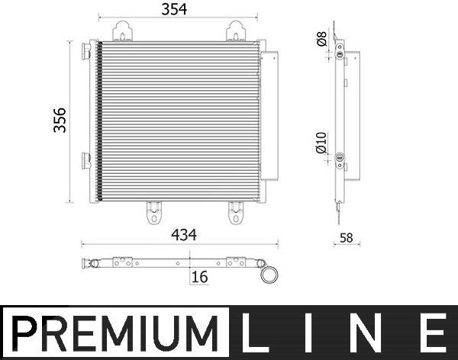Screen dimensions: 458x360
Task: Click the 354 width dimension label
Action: [x=174, y=9]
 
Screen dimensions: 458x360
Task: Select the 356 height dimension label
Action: [x=60, y=121]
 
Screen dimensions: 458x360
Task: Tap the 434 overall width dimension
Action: [x=184, y=235]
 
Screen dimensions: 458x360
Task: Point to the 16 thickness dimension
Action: [x=200, y=277]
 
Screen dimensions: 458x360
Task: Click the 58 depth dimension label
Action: [x=346, y=238]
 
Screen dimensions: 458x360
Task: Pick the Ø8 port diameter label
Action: [x=322, y=39]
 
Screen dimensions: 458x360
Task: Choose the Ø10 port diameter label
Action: [x=321, y=143]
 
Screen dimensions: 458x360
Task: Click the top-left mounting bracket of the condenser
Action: [x=122, y=31]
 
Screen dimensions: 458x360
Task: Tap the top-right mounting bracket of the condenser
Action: [x=236, y=31]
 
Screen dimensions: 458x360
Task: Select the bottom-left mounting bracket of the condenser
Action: [x=154, y=213]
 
